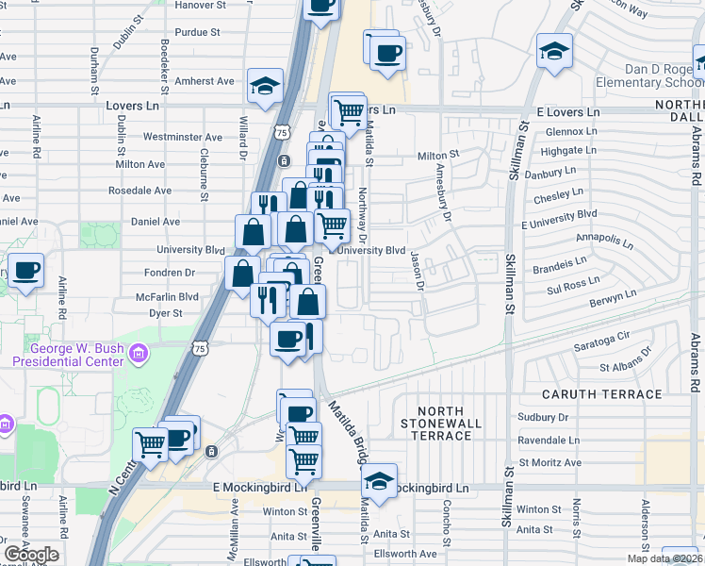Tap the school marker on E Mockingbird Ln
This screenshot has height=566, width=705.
pos(379,480)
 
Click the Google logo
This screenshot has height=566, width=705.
pos(30,555)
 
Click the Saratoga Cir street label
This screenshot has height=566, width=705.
pos(601,337)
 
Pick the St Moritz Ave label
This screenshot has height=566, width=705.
pos(549,463)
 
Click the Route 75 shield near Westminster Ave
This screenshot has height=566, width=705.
pos(282,134)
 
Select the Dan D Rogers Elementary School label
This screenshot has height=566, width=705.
pos(650,75)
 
